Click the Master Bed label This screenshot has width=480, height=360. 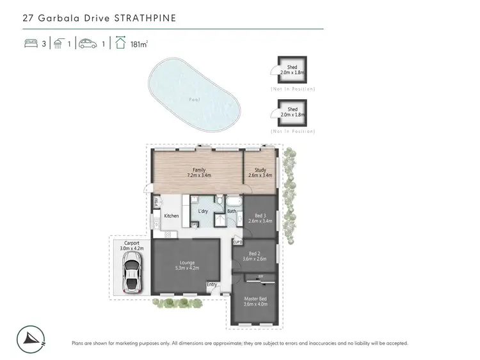254,301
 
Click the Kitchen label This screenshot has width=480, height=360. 171,216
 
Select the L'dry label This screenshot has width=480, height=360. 204,211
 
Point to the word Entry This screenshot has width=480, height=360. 212,285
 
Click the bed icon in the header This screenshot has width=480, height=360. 29,43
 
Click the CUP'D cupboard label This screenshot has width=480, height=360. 237,242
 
